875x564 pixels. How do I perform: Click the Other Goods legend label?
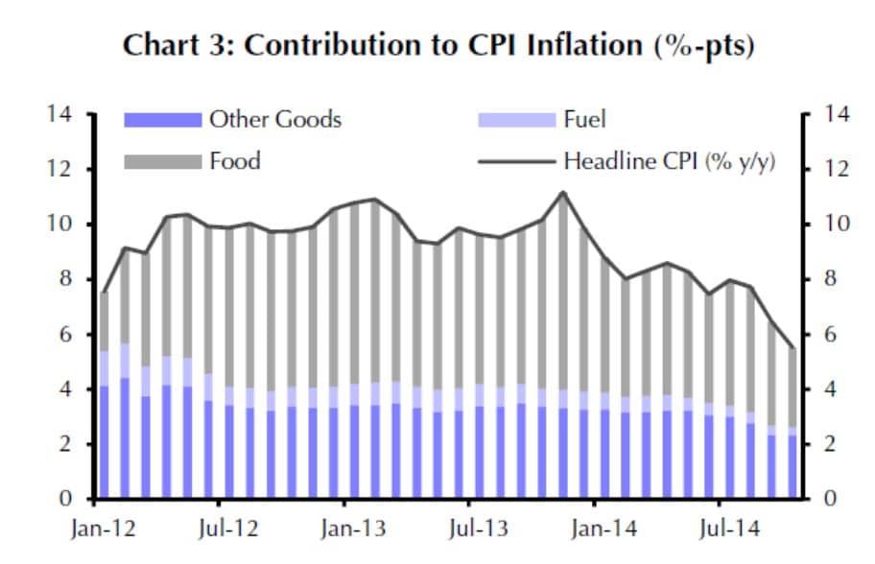(x=275, y=120)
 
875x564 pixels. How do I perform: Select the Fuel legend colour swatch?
(x=517, y=120)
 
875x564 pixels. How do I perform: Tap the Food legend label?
(x=235, y=160)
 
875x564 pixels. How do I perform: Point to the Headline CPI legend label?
(x=670, y=161)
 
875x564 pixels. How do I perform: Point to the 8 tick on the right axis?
(x=824, y=280)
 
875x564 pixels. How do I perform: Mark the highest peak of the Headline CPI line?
(x=563, y=193)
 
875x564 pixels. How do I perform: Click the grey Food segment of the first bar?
(x=105, y=322)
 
